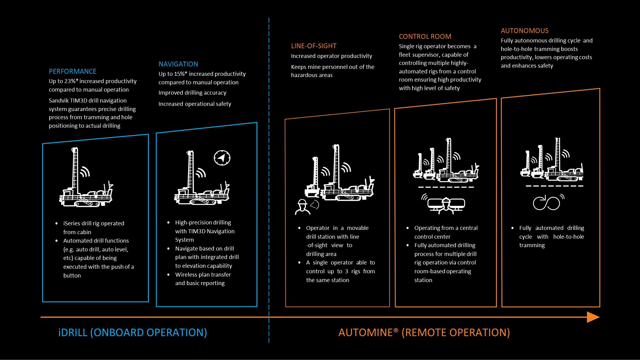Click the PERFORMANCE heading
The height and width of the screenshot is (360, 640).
click(72, 71)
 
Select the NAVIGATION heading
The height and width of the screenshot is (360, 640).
click(178, 64)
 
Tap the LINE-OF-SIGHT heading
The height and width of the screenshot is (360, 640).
click(314, 46)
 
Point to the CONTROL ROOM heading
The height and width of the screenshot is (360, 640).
click(425, 36)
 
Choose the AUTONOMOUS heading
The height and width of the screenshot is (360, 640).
click(524, 31)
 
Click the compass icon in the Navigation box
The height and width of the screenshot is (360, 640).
click(222, 158)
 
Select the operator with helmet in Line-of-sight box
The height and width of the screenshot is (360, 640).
click(302, 207)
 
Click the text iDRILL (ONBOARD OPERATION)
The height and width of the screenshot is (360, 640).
click(132, 332)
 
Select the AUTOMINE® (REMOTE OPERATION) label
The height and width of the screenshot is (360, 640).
click(424, 332)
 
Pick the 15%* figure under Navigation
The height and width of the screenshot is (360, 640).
click(180, 74)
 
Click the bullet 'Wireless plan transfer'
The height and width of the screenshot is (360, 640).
click(203, 274)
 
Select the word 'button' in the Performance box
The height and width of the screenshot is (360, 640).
click(72, 275)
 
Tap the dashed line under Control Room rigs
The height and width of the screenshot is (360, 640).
click(446, 187)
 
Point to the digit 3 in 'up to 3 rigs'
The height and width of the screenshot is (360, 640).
click(347, 271)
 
